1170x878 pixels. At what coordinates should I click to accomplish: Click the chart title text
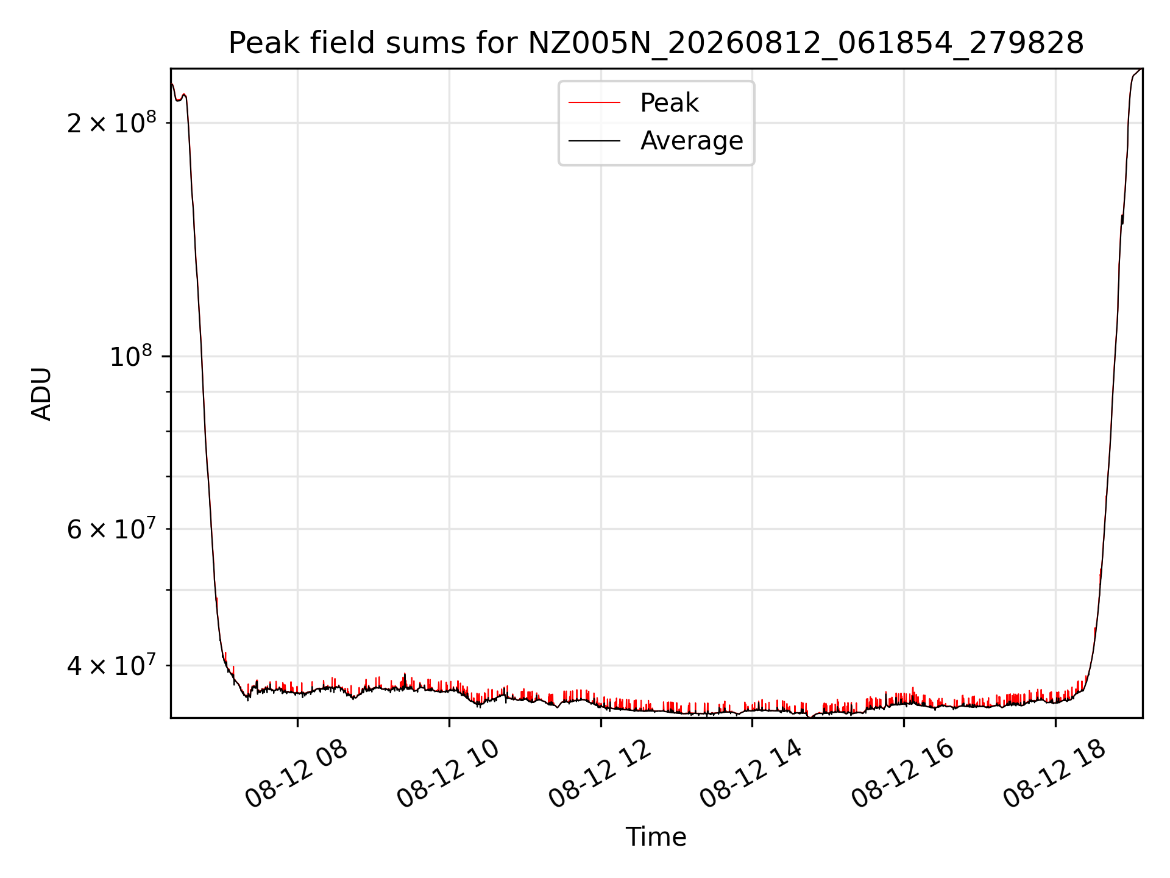[656, 43]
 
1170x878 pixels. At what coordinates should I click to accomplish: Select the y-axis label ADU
[41, 394]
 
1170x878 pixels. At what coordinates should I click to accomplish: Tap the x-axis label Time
[656, 837]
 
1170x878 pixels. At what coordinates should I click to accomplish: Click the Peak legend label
[669, 103]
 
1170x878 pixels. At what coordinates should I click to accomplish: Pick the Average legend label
[692, 141]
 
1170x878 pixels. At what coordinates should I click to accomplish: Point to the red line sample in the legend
[594, 103]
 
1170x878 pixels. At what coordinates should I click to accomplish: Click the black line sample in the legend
[594, 141]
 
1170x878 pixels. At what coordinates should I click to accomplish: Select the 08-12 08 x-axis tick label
[297, 774]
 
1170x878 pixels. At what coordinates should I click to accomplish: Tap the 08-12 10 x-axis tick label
[448, 774]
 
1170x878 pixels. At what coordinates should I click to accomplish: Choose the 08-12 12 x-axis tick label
[600, 774]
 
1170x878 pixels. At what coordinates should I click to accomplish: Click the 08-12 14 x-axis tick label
[751, 774]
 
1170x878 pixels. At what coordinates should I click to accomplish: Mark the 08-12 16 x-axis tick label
[903, 774]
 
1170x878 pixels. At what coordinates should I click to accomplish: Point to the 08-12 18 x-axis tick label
[1055, 774]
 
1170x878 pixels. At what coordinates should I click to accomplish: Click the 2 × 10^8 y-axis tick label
[112, 123]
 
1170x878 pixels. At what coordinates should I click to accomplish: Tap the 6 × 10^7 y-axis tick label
[112, 529]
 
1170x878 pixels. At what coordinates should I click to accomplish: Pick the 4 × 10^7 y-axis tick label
[112, 665]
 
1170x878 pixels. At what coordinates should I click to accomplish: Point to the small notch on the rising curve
[1122, 220]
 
